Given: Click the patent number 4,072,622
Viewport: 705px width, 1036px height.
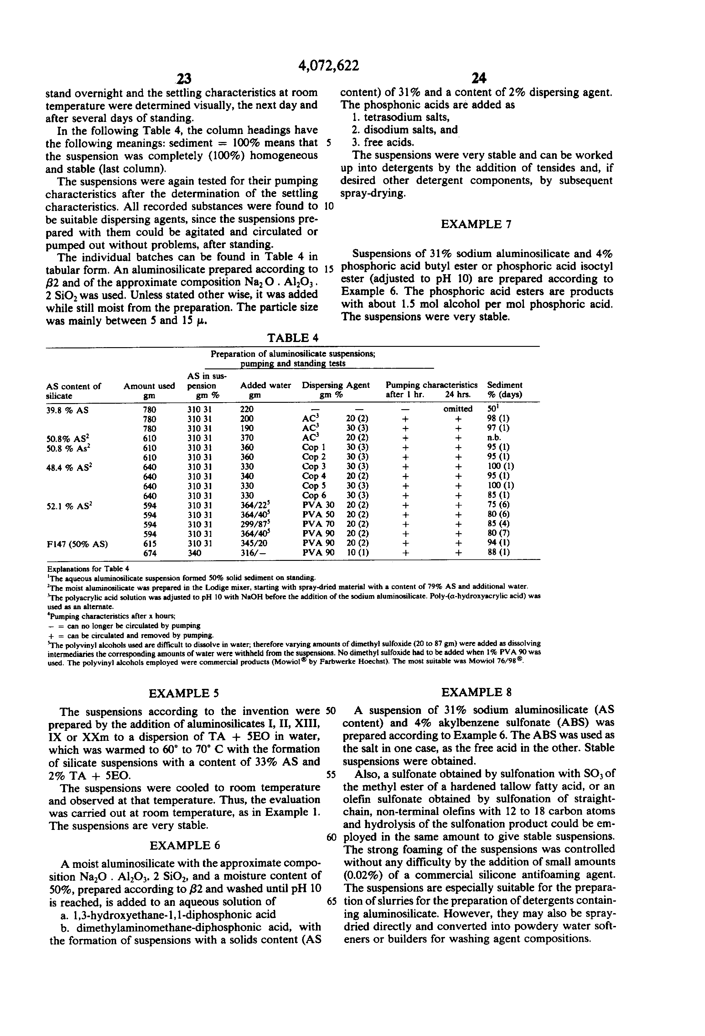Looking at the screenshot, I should click(328, 66).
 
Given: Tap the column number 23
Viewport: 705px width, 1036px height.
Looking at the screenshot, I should click(183, 79).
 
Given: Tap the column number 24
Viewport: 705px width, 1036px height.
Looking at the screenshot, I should click(478, 79).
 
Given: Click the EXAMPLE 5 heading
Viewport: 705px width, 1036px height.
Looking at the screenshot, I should click(184, 693).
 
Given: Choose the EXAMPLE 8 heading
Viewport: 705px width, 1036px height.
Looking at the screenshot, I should click(476, 692).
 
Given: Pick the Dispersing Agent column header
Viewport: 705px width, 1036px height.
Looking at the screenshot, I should click(335, 385).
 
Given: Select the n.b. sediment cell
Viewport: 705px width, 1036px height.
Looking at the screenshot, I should click(494, 438).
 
